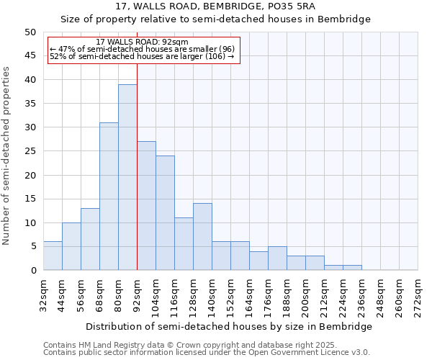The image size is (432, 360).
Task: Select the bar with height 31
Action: (109, 197)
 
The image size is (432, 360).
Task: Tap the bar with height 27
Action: (146, 206)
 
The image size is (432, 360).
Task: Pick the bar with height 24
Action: (165, 213)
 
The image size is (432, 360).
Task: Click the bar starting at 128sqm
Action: (202, 237)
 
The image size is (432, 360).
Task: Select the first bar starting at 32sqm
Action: (53, 256)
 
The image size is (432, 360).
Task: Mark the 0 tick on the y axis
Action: (32, 271)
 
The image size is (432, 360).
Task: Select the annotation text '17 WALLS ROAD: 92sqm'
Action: (142, 42)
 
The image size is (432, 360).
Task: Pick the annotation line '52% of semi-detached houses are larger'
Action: (142, 56)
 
